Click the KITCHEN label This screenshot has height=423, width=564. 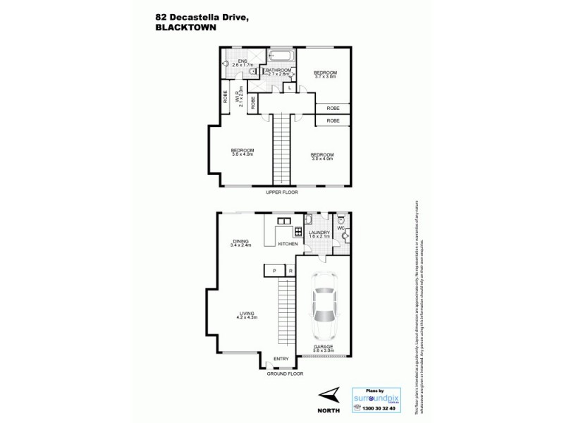coord(288,244)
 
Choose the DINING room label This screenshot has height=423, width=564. coord(240,244)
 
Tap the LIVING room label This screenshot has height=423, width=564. coord(247,314)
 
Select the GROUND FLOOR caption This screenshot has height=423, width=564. coord(285,374)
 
